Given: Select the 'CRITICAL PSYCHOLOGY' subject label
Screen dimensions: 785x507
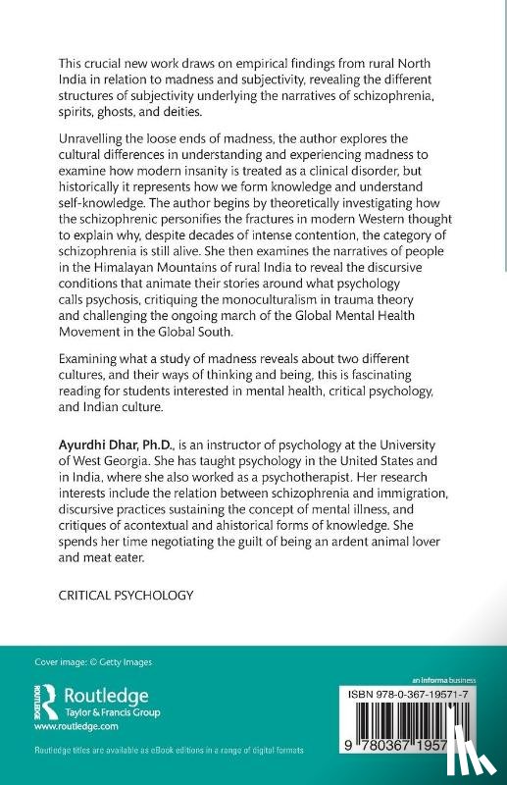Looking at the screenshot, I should tap(127, 596).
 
